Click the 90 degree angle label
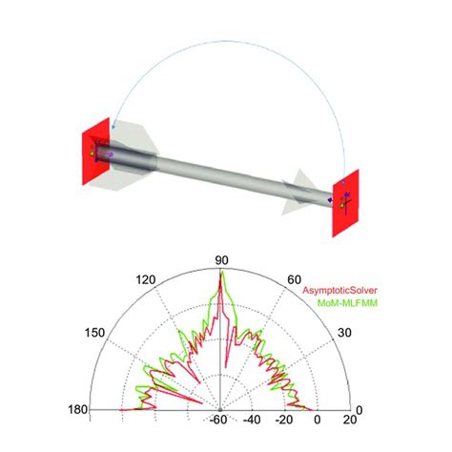[x=221, y=260]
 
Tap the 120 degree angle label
[x=146, y=280]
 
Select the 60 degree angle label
[x=294, y=279]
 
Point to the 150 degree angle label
[x=94, y=333]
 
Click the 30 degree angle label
[x=344, y=333]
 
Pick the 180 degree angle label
[x=78, y=409]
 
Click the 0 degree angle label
[x=360, y=410]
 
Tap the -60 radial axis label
[x=218, y=420]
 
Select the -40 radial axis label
[x=252, y=420]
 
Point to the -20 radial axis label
[x=284, y=420]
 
